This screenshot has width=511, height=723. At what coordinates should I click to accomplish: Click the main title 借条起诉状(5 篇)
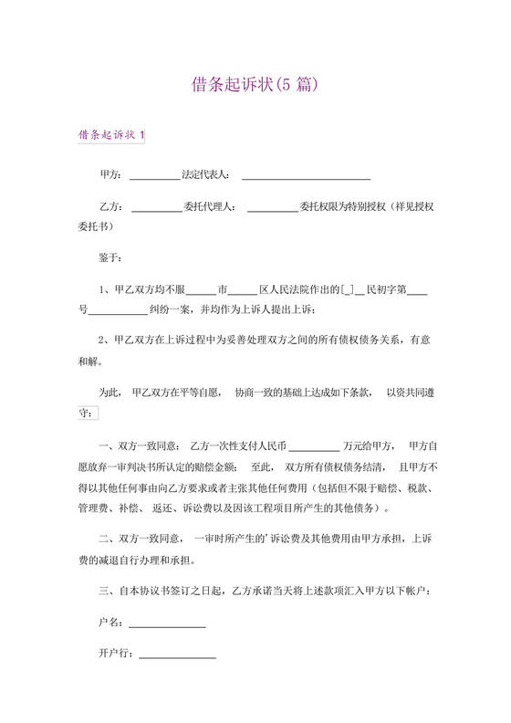255,85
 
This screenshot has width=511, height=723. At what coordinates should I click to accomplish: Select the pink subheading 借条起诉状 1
111,135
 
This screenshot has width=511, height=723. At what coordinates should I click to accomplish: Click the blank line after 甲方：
155,175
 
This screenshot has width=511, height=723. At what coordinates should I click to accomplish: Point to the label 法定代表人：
207,173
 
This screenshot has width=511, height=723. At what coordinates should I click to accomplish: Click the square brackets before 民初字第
347,292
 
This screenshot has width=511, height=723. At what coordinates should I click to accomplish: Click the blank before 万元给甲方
314,447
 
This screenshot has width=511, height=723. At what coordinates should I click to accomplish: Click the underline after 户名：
166,625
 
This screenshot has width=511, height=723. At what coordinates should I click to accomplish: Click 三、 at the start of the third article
105,591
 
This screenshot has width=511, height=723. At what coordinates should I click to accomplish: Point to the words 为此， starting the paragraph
109,393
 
